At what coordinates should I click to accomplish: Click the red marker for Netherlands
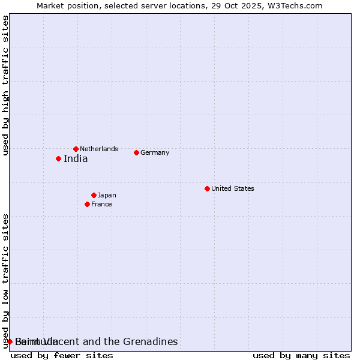pyautogui.click(x=76, y=149)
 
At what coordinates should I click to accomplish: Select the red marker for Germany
pyautogui.click(x=136, y=152)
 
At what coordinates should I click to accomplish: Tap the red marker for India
pyautogui.click(x=58, y=158)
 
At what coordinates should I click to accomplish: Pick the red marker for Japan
pyautogui.click(x=94, y=195)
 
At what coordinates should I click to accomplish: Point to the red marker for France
pyautogui.click(x=87, y=204)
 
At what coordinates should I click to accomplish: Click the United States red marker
pyautogui.click(x=207, y=188)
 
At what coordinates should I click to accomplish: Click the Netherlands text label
pyautogui.click(x=99, y=149)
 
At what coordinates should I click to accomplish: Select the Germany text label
pyautogui.click(x=155, y=152)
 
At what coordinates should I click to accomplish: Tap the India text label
pyautogui.click(x=76, y=159)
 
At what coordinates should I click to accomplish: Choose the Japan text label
pyautogui.click(x=107, y=195)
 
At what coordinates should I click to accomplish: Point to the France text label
pyautogui.click(x=101, y=204)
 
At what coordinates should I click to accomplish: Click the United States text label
pyautogui.click(x=233, y=188)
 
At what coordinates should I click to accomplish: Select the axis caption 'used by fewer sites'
pyautogui.click(x=62, y=355)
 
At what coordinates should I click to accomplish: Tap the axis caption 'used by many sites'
pyautogui.click(x=301, y=355)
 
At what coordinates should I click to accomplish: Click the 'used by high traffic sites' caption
pyautogui.click(x=6, y=85)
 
